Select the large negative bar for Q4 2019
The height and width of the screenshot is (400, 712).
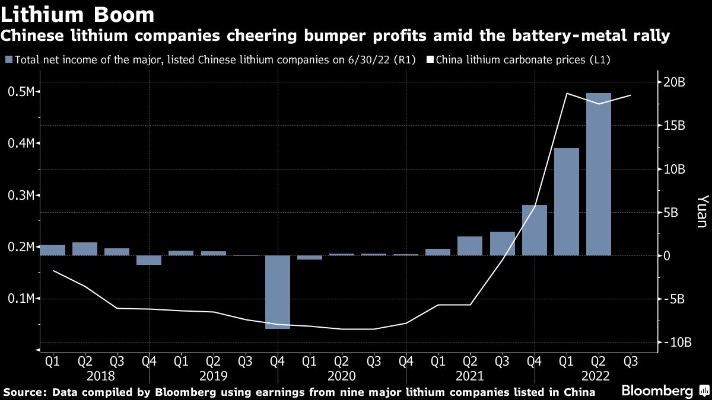[278, 292]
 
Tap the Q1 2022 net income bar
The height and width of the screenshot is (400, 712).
[567, 201]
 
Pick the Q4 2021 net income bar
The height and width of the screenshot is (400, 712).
[535, 230]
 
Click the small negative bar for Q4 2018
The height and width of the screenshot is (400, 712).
[149, 260]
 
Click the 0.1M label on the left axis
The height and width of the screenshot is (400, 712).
[23, 299]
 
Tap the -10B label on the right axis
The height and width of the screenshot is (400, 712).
[672, 343]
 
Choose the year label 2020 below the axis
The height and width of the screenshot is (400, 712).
[342, 376]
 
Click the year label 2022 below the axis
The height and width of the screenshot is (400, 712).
[599, 376]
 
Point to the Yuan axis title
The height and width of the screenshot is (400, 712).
[702, 212]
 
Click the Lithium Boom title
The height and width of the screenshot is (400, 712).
[78, 14]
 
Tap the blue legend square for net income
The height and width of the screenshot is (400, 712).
[8, 60]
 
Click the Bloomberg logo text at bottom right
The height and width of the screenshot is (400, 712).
[657, 391]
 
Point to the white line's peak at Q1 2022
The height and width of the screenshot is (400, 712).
[567, 94]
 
